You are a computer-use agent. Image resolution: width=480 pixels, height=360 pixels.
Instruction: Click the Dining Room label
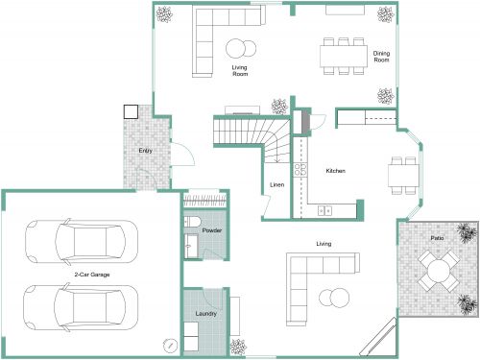click(381, 57)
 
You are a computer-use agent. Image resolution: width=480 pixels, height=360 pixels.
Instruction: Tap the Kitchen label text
click(335, 171)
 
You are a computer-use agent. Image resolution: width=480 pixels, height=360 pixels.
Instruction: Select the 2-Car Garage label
click(91, 276)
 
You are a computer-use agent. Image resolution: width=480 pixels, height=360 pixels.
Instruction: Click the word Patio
click(437, 236)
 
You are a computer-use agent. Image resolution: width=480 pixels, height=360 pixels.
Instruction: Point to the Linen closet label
click(276, 184)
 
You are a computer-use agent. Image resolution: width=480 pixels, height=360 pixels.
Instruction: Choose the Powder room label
click(212, 231)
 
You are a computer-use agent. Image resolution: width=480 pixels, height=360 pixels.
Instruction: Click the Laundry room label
click(205, 313)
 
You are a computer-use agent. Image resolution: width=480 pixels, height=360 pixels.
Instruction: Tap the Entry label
click(145, 151)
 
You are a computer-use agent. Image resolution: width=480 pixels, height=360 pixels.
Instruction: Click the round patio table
click(439, 272)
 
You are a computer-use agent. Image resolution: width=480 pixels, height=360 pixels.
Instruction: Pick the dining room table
click(343, 56)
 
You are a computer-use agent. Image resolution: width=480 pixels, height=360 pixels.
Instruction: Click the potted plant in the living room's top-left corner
click(165, 14)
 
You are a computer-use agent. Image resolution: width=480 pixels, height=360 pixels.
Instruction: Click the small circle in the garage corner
click(170, 344)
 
